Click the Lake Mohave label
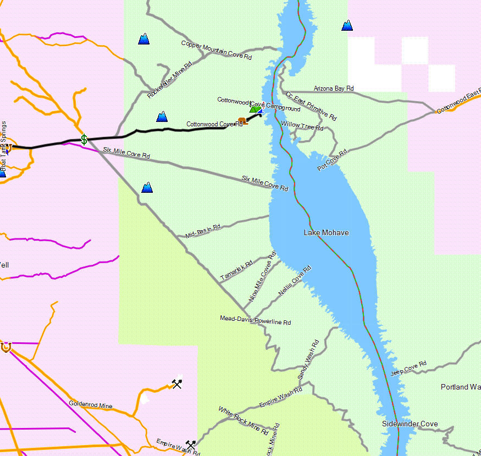326,233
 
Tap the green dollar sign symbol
84,140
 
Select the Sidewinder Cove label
410,424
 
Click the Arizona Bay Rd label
334,88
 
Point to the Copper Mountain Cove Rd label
217,50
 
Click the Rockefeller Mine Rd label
169,80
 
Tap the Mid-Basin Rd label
203,231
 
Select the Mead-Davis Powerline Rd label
255,320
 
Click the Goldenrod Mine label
91,405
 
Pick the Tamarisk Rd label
236,271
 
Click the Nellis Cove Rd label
295,281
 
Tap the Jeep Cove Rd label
408,368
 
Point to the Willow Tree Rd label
302,126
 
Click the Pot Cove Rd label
333,160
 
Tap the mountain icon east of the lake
347,25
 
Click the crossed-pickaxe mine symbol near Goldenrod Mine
176,384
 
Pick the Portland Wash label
461,387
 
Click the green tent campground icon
255,109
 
